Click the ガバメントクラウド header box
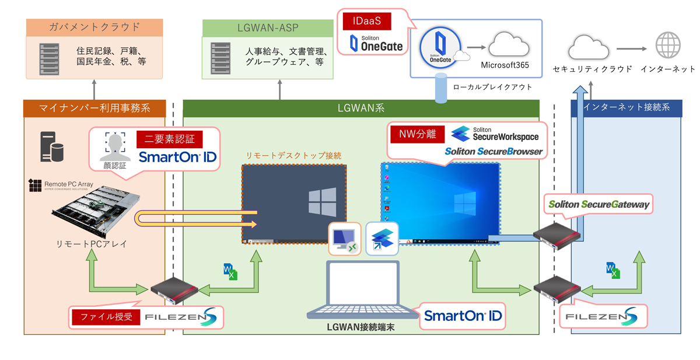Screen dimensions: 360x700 tap(94, 27)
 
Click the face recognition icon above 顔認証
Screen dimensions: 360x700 tap(114, 147)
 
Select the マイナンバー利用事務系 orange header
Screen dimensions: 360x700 tap(94, 108)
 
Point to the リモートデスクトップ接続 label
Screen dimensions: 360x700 tap(293, 156)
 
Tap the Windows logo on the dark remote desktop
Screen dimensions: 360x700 tap(322, 201)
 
